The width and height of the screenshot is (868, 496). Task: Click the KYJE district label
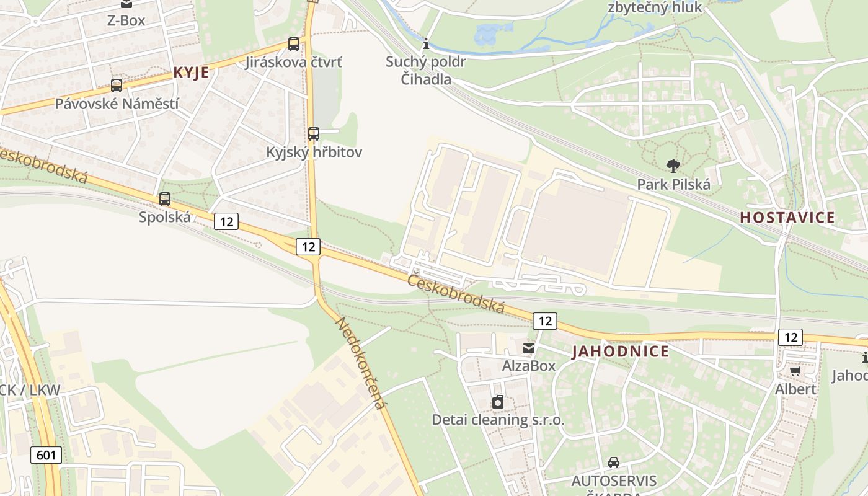[x=191, y=73]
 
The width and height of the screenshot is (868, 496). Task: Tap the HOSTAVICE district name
[x=787, y=218]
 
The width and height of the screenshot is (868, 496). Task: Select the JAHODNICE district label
[x=620, y=352]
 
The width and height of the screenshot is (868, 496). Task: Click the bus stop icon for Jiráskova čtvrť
[x=294, y=44]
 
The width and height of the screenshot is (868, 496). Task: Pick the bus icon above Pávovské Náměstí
[x=117, y=86]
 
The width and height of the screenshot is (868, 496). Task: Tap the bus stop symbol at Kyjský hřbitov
[x=314, y=134]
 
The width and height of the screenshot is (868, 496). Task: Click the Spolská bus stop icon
[x=165, y=199]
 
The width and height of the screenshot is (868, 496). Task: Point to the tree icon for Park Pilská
[x=673, y=166]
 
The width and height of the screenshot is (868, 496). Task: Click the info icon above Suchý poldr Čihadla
[x=426, y=43]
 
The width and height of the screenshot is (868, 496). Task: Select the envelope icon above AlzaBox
[x=529, y=348]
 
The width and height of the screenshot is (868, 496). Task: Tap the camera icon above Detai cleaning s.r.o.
[x=498, y=402]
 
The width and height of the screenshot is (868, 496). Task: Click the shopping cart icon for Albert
[x=795, y=371]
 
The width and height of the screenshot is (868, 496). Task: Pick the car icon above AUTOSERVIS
[x=614, y=463]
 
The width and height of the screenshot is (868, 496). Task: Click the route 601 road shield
[x=46, y=455]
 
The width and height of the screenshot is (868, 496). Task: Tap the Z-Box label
[x=126, y=20]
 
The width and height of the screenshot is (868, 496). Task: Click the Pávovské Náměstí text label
[x=117, y=104]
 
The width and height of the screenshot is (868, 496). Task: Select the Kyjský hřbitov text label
[x=314, y=152]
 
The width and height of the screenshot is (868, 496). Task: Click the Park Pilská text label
[x=674, y=184]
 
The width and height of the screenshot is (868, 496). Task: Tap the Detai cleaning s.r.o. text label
[x=498, y=420]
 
